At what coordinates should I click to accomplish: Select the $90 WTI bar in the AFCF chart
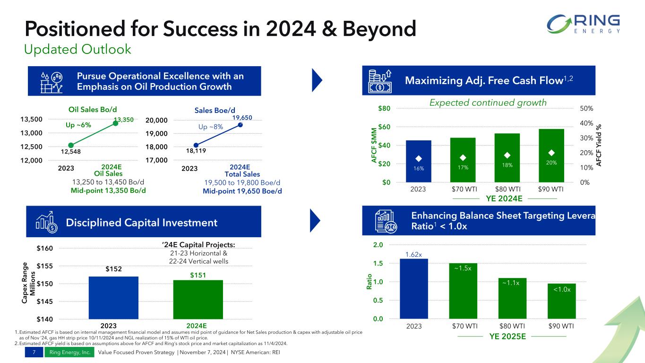click(x=551, y=156)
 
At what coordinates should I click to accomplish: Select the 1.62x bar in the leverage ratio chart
click(x=414, y=288)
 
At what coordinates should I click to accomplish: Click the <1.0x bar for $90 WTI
click(x=561, y=301)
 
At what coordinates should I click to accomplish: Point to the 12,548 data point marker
click(x=71, y=145)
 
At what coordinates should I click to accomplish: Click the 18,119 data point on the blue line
click(x=196, y=145)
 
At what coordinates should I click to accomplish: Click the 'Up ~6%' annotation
click(x=78, y=125)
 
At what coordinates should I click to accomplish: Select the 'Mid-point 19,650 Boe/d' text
click(x=242, y=191)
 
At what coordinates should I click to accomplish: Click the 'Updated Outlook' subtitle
click(x=77, y=49)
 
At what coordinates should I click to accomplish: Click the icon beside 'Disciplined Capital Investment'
click(x=47, y=223)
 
